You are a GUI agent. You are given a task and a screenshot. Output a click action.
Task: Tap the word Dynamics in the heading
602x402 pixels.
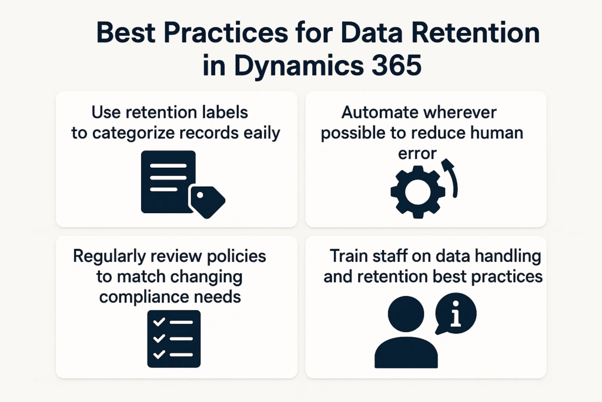299,66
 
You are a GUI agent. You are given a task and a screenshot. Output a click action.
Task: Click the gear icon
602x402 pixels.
418,192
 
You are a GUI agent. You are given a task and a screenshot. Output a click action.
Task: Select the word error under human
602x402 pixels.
417,154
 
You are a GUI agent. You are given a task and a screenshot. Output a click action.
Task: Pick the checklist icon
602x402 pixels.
174,338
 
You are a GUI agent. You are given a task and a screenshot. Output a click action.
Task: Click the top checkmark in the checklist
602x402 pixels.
159,322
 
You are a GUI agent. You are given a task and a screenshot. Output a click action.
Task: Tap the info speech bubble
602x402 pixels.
456,313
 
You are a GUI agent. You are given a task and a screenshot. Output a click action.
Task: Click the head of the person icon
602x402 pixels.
406,314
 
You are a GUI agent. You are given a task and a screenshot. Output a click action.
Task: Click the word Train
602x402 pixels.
347,256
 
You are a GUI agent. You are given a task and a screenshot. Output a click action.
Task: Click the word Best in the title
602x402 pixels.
126,32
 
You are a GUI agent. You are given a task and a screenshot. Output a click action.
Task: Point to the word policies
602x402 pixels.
236,257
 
